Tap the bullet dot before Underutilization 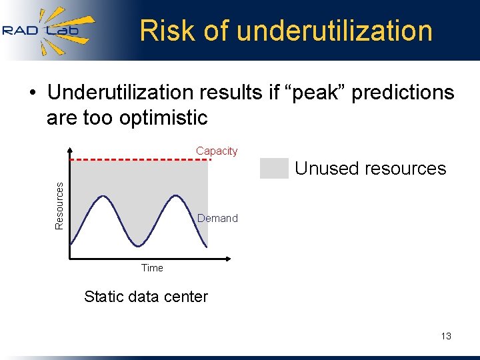click(31, 93)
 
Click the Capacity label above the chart click(217, 151)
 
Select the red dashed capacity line click(140, 160)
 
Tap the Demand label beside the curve click(217, 218)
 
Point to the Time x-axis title click(152, 268)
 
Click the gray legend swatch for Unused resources click(274, 168)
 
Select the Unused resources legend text click(370, 168)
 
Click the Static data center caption click(146, 297)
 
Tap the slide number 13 click(446, 336)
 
